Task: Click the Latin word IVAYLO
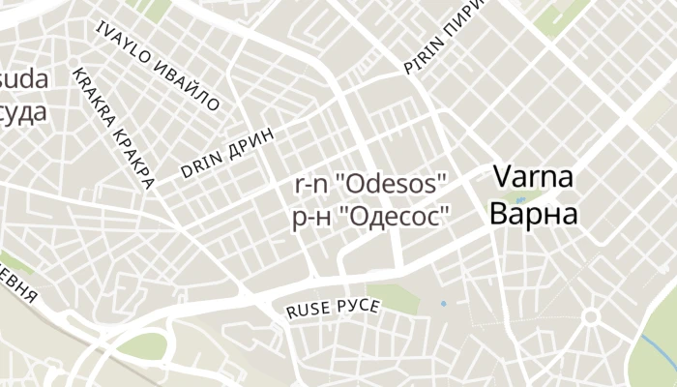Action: [123, 44]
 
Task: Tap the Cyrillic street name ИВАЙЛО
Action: [188, 82]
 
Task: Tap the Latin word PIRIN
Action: [423, 56]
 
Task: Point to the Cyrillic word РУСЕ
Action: [358, 306]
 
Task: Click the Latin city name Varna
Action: [534, 177]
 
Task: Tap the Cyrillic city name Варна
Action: [534, 213]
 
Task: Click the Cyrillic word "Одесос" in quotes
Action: [394, 217]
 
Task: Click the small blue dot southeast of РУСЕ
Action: [444, 304]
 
